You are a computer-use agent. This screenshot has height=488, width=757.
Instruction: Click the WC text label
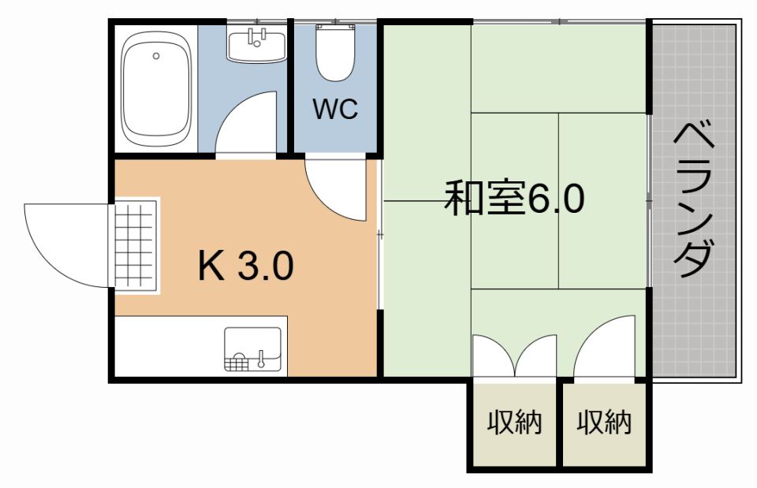point(335,110)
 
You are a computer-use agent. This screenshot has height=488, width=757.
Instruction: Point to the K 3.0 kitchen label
point(245,266)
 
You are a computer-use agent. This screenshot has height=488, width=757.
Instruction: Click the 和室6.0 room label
point(514,199)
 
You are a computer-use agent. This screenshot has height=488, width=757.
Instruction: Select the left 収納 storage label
point(514,423)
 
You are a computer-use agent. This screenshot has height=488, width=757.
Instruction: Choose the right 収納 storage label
point(604,423)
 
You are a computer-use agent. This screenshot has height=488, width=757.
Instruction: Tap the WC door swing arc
point(334,188)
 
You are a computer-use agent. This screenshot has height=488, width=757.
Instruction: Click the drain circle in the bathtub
point(156,56)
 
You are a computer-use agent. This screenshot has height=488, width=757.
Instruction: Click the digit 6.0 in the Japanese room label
point(556,199)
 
